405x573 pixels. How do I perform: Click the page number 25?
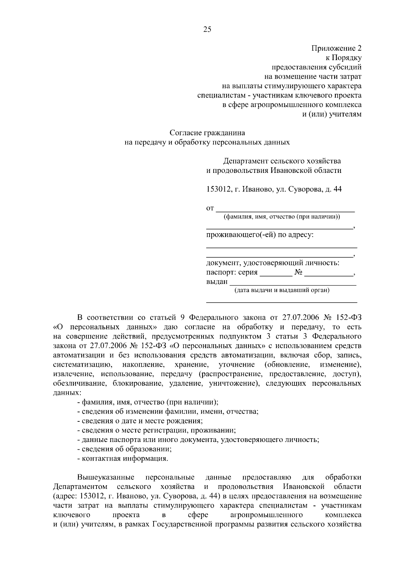tap(207, 29)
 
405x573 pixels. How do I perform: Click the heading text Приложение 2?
tap(336, 48)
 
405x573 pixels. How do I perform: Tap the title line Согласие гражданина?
tap(207, 133)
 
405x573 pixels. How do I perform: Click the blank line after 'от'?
tap(285, 208)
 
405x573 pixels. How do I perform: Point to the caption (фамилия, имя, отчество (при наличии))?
tap(282, 217)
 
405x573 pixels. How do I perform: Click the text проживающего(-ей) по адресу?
tap(260, 234)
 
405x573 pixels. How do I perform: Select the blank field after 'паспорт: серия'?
tap(276, 273)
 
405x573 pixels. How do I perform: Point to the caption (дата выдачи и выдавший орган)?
tap(282, 290)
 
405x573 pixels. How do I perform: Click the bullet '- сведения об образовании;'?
tap(125, 449)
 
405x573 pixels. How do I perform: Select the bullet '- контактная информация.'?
tap(123, 459)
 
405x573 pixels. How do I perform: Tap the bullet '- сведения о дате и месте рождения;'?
tap(140, 421)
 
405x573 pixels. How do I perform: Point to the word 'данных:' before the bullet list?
tap(67, 393)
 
